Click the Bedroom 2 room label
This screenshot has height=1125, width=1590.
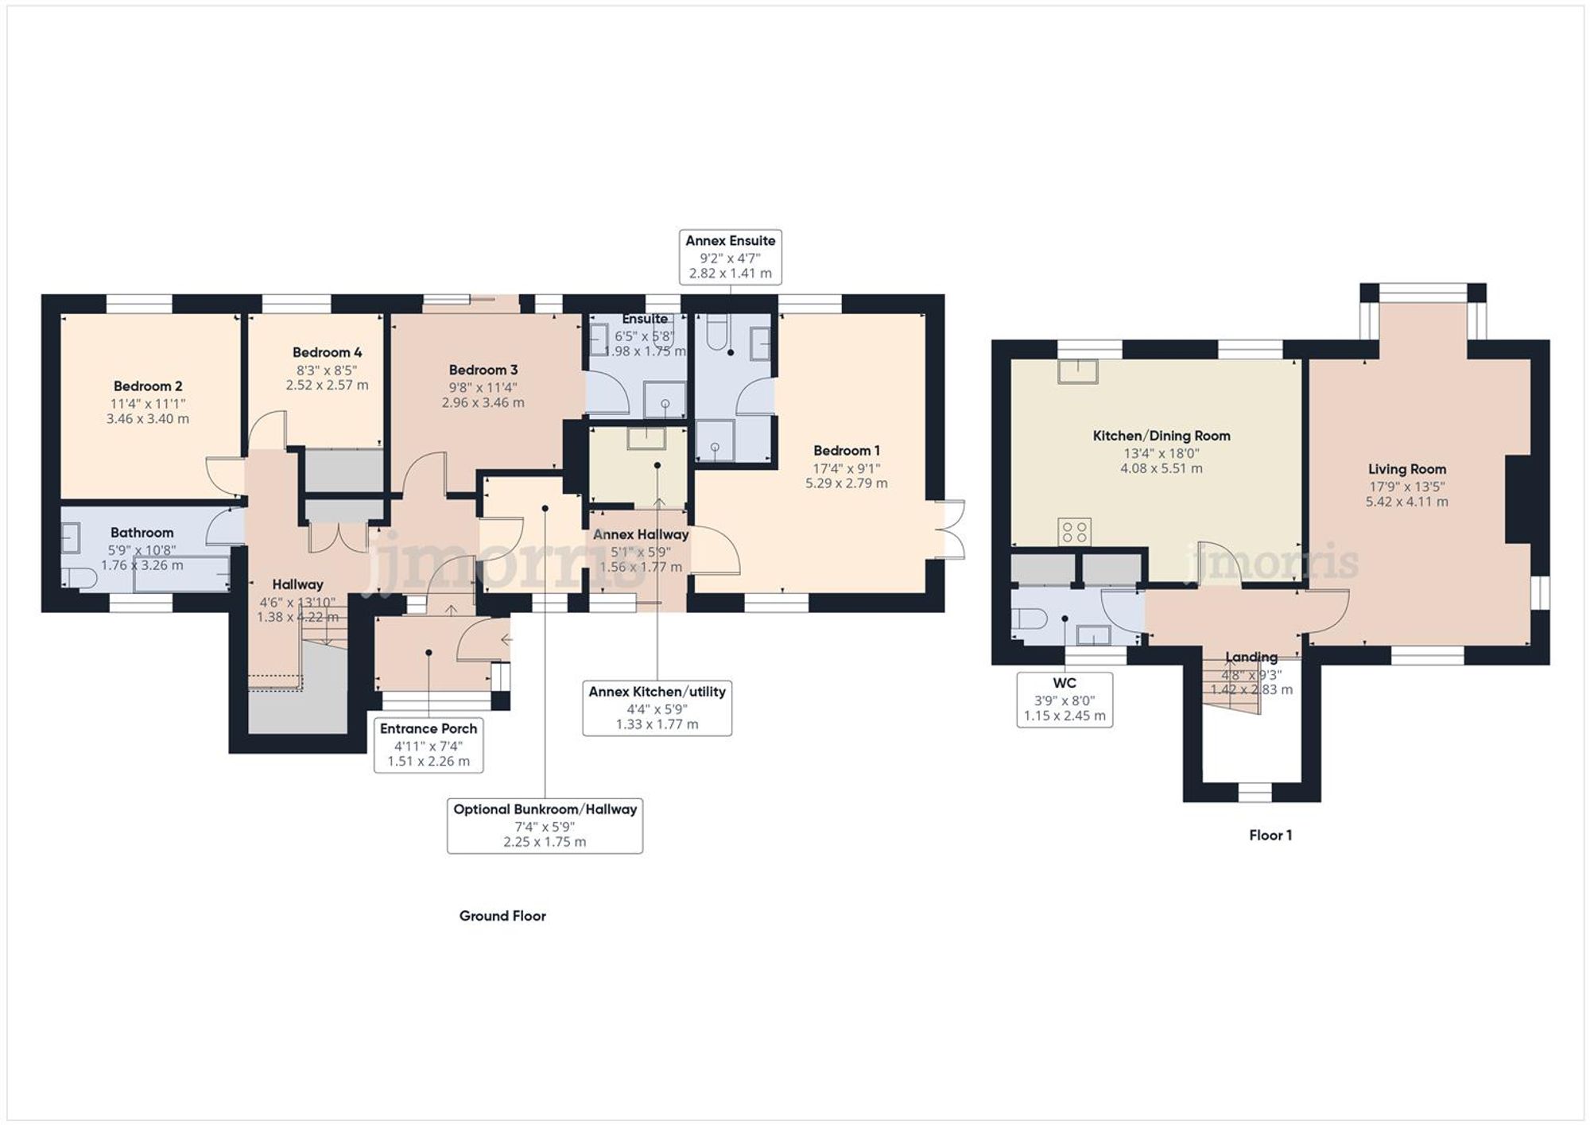point(148,386)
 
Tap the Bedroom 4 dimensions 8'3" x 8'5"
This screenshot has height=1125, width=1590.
point(327,370)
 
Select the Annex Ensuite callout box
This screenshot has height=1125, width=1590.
point(730,256)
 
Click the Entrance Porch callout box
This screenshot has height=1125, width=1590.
point(429,744)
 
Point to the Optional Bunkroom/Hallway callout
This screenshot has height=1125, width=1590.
point(545,825)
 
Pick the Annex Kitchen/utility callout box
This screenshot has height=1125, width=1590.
point(657,708)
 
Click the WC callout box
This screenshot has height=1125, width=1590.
point(1065,700)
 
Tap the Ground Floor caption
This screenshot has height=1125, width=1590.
point(502,916)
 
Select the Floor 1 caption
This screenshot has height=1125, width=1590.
point(1270,835)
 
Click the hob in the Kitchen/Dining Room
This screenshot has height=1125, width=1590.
point(1075,532)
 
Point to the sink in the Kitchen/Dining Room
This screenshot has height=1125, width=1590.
point(1077,371)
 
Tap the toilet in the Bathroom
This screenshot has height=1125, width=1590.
point(79,578)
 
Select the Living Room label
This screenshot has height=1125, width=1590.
point(1406,469)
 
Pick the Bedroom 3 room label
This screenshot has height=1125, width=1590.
point(483,370)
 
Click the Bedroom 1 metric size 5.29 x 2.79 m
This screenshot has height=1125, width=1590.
point(846,483)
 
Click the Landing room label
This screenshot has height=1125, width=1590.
point(1251,657)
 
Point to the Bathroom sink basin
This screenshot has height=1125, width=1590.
point(71,538)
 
